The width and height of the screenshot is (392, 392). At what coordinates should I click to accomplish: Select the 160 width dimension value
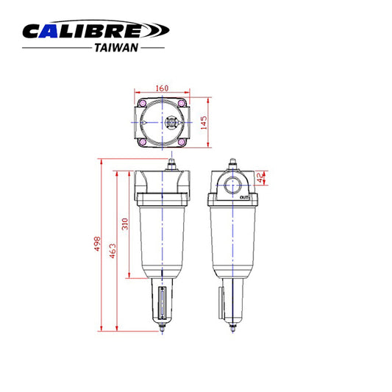[x=161, y=85]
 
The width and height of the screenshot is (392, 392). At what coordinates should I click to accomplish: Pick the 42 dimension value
[x=260, y=177]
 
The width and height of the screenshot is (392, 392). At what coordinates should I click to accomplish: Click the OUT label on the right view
[x=246, y=197]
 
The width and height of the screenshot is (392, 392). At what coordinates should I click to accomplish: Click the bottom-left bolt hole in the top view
[x=140, y=143]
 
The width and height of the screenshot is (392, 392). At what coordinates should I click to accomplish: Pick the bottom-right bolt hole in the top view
[x=183, y=143]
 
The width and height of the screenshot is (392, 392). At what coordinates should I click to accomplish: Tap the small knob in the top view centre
[x=172, y=122]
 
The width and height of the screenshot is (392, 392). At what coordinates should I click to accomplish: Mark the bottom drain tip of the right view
[x=234, y=327]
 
